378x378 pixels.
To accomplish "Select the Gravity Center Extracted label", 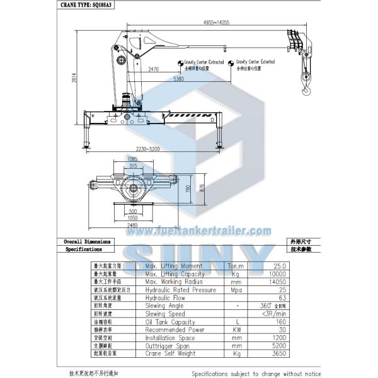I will pyautogui.click(x=202, y=62).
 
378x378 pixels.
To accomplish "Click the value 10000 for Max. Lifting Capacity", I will pyautogui.click(x=276, y=274).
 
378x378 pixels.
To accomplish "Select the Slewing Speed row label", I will pyautogui.click(x=165, y=313).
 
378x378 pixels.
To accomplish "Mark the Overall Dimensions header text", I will pyautogui.click(x=88, y=241).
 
